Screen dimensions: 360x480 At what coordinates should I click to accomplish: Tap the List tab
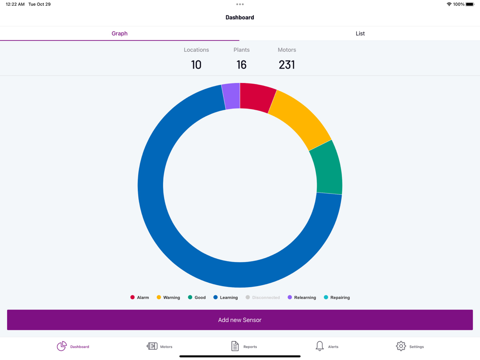pos(360,34)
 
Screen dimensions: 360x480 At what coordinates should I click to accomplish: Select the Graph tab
pos(120,34)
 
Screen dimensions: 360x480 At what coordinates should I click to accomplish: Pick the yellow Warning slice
pos(300,120)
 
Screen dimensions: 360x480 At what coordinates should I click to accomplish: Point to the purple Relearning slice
pos(231,96)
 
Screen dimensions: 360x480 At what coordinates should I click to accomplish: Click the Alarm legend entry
pos(140,298)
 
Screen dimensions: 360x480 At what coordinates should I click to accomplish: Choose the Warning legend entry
pos(168,298)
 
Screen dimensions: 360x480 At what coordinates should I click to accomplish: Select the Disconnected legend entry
pos(263,298)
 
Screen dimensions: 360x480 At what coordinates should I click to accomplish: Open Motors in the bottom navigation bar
pos(159,346)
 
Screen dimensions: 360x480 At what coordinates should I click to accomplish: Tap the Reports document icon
pos(235,346)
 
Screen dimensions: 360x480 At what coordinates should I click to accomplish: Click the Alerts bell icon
pos(320,346)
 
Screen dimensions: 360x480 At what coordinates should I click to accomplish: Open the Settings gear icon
pos(401,346)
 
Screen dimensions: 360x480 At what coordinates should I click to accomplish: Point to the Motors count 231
pos(287,65)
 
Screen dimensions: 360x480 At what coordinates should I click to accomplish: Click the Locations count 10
pos(196,65)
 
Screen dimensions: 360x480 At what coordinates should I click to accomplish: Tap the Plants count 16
pos(241,65)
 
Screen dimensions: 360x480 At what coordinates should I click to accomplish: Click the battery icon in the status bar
pos(470,4)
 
